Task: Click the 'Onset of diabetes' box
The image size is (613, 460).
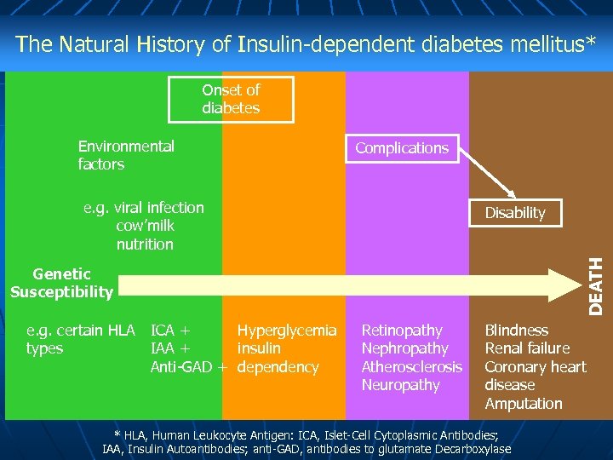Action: tap(231, 100)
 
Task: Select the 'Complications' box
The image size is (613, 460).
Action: tap(401, 148)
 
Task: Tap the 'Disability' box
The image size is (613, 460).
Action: tap(514, 213)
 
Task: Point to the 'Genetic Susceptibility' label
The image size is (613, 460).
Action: tap(61, 283)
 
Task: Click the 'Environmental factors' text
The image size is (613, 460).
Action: tap(126, 155)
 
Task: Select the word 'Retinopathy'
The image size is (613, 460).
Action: tap(402, 331)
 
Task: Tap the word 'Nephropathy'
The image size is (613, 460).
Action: tap(404, 348)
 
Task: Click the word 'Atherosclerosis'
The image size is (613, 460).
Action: tap(411, 367)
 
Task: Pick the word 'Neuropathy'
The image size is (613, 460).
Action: tap(400, 385)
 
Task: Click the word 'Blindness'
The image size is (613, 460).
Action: tap(516, 331)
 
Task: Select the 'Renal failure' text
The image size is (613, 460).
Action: tap(527, 348)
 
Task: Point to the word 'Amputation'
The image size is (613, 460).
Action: tap(524, 404)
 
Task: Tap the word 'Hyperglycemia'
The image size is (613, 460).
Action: tap(287, 331)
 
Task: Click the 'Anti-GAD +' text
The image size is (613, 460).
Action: tap(188, 367)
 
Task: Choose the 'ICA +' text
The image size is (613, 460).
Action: tap(170, 331)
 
